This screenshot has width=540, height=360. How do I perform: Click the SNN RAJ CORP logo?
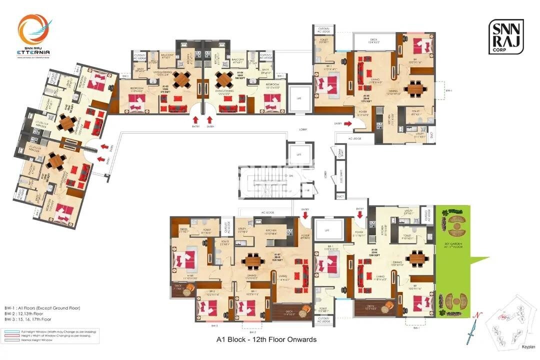tap(506, 37)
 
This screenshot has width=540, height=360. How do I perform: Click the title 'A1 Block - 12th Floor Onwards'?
tap(266, 339)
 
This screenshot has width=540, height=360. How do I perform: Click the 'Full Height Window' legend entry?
tap(50, 331)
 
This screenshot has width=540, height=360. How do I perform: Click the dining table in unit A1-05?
tap(414, 89)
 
